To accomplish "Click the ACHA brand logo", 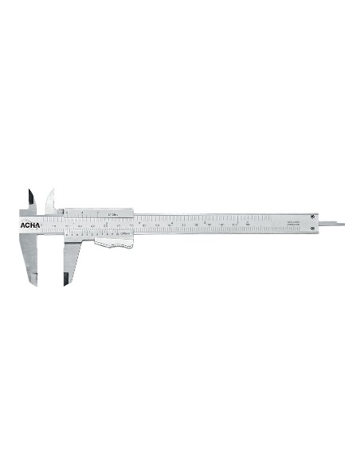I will [x=27, y=224].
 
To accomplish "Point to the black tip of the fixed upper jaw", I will [x=29, y=196].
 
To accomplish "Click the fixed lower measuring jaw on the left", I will [x=29, y=255].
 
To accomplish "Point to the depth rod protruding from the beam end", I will [x=333, y=224].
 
